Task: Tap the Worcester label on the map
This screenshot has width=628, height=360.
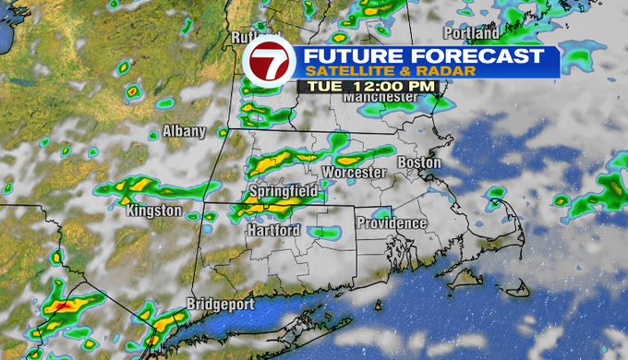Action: [x=354, y=174]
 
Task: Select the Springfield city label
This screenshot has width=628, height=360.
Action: [x=284, y=191]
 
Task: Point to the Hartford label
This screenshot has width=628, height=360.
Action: [x=273, y=230]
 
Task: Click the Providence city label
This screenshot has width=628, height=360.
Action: [x=392, y=222]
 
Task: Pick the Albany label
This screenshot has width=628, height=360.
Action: [x=184, y=131]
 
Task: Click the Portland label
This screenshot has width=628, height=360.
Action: [x=477, y=33]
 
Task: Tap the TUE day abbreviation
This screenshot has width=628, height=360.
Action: [x=322, y=86]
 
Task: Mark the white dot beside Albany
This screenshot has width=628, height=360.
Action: [x=154, y=136]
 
